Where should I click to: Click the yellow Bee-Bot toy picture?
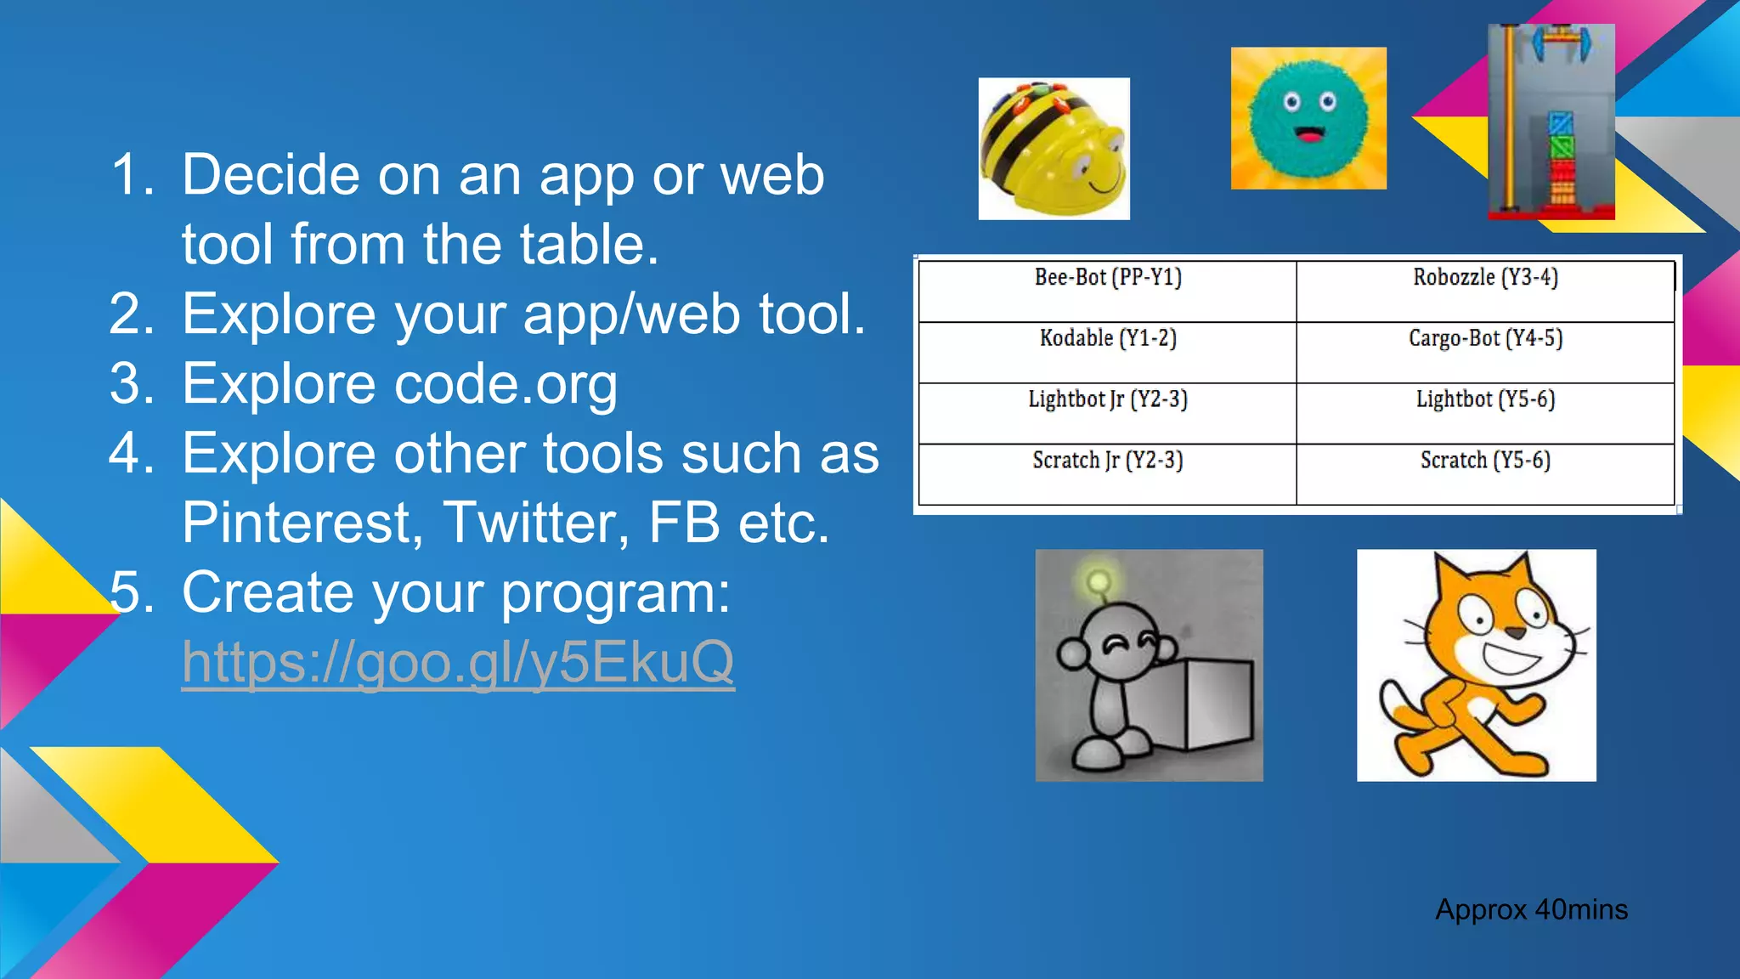tap(1054, 150)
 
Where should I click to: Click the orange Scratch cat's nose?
tap(1515, 632)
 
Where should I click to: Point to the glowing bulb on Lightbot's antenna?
tap(1099, 582)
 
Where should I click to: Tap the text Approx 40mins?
tap(1531, 910)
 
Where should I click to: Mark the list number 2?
tap(131, 314)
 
